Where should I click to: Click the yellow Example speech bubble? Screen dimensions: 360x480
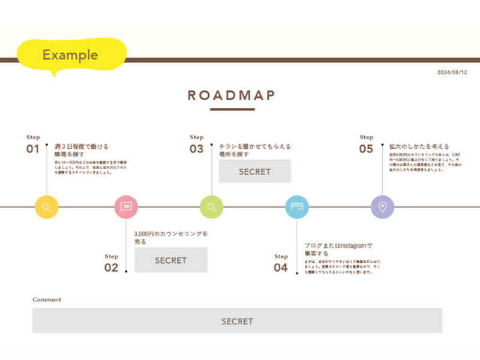[x=71, y=55]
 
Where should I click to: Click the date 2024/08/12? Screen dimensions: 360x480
[x=452, y=73]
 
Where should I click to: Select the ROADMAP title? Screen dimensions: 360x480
[x=232, y=95]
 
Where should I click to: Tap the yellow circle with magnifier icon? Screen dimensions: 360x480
[x=47, y=208]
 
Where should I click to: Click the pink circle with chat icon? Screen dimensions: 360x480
[x=126, y=208]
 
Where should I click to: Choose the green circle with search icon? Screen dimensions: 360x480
[x=211, y=208]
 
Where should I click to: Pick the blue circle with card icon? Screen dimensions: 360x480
[x=297, y=208]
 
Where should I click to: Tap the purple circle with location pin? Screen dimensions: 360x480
[x=382, y=208]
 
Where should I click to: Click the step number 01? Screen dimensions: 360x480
[x=32, y=149]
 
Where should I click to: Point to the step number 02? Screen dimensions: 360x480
[x=112, y=268]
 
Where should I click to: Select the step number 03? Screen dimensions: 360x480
[x=197, y=149]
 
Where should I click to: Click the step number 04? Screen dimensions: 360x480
[x=281, y=268]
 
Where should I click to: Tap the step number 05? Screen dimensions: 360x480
[x=366, y=149]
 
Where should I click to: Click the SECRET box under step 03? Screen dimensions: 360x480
[x=255, y=172]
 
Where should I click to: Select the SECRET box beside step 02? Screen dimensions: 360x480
[x=171, y=260]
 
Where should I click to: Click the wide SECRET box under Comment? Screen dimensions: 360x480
[x=237, y=321]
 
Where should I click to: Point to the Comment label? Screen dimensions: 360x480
[x=47, y=299]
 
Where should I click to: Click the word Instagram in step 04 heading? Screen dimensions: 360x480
[x=353, y=245]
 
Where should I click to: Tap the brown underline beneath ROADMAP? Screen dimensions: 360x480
[x=232, y=110]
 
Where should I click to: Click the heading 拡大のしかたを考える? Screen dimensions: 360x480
[x=419, y=146]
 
